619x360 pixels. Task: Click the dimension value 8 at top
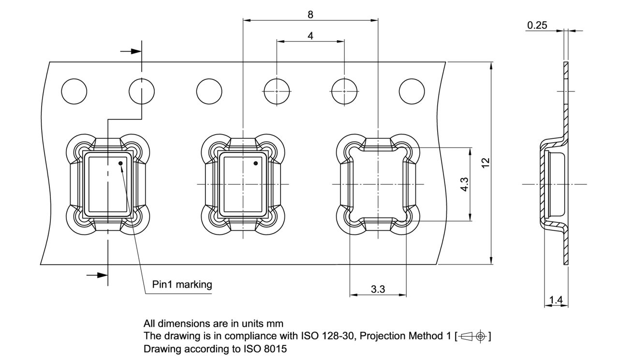coord(310,15)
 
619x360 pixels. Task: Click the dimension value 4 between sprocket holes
coord(310,36)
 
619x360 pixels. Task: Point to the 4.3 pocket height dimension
coord(464,184)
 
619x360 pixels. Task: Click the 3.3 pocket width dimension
coord(378,289)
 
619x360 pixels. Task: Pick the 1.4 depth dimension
coord(556,300)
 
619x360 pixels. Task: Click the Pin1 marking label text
coord(182,285)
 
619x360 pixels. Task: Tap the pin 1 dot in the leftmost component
coord(121,164)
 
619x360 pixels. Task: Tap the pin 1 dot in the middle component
coord(256,164)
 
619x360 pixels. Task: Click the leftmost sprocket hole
coord(74,91)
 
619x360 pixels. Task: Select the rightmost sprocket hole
coord(412,91)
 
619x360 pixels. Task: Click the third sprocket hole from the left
coord(209,91)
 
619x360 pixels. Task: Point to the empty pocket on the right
coord(378,184)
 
